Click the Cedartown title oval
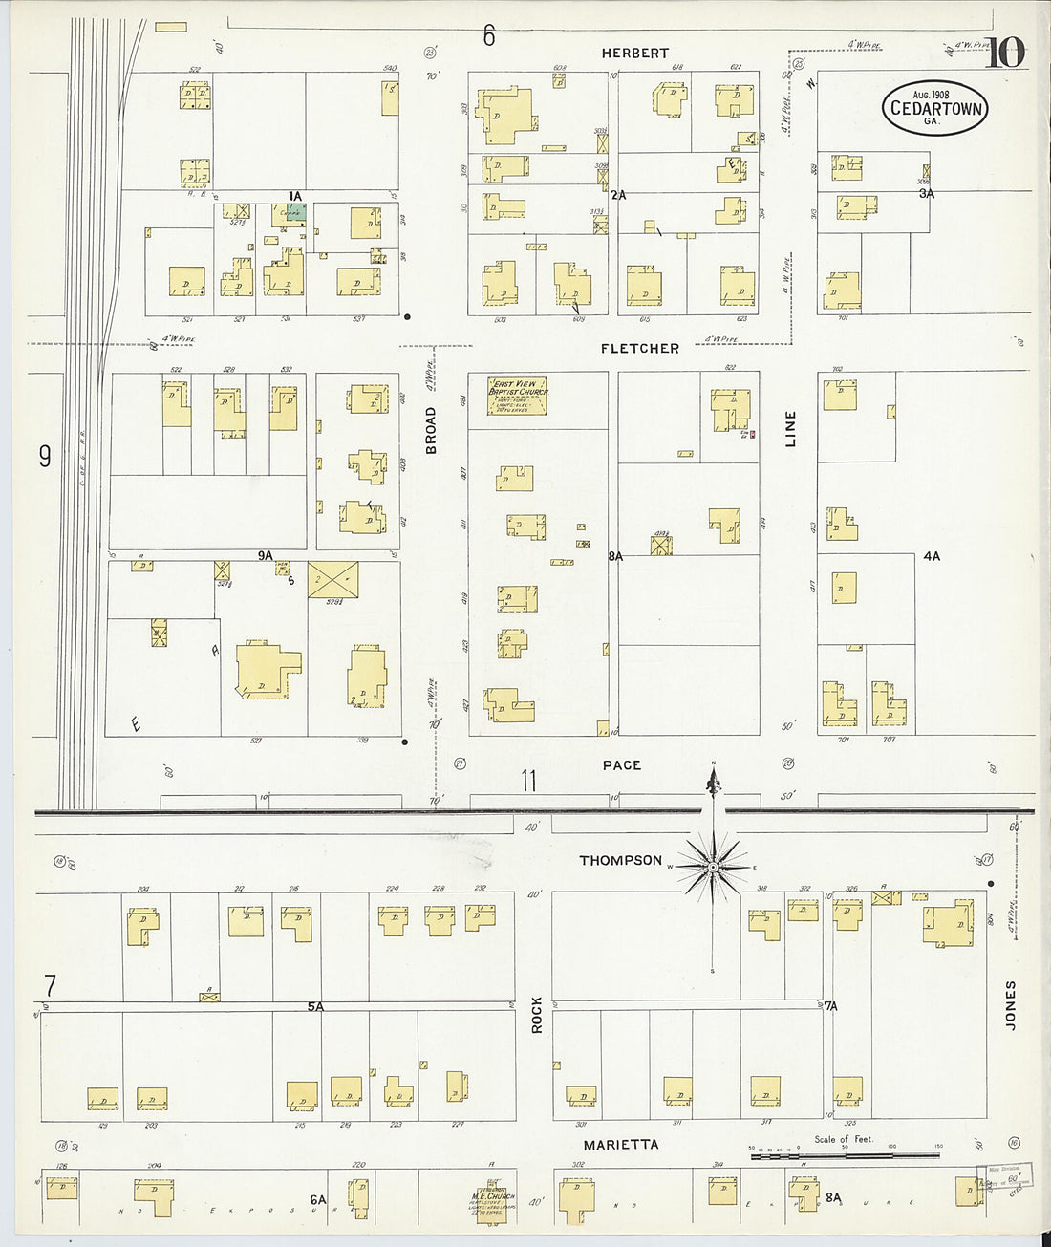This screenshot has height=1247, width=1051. click(934, 107)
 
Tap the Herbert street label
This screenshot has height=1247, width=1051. click(635, 54)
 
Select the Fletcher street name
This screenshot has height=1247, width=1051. click(640, 349)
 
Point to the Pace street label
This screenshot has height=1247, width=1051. click(622, 765)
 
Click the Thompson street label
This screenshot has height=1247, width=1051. click(620, 861)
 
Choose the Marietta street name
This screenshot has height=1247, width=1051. click(621, 1144)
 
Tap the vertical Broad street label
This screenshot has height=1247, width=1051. click(431, 430)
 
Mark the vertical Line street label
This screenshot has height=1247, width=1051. click(790, 429)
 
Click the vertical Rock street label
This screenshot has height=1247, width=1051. click(537, 1015)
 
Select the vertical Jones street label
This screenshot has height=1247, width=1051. click(1011, 1004)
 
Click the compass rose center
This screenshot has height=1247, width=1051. click(713, 868)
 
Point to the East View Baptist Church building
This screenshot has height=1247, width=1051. click(518, 395)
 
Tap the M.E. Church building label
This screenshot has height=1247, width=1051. click(493, 1196)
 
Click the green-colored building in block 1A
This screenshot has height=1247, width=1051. click(296, 212)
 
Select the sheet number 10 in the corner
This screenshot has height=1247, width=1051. click(1003, 54)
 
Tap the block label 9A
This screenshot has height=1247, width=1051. click(265, 555)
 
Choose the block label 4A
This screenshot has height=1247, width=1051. click(932, 556)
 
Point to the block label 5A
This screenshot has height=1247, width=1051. click(315, 1006)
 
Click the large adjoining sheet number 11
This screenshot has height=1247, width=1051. click(528, 782)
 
